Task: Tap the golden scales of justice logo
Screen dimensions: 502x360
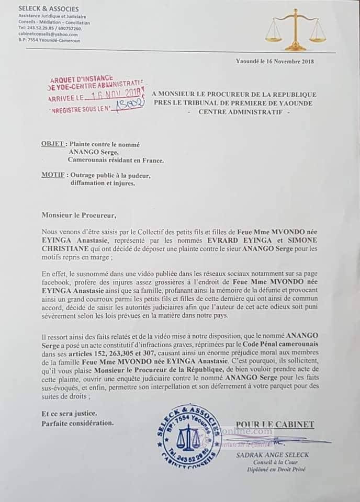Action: (296, 32)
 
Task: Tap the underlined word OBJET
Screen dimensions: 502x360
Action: (53, 144)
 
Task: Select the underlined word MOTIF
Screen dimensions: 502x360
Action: (53, 176)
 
